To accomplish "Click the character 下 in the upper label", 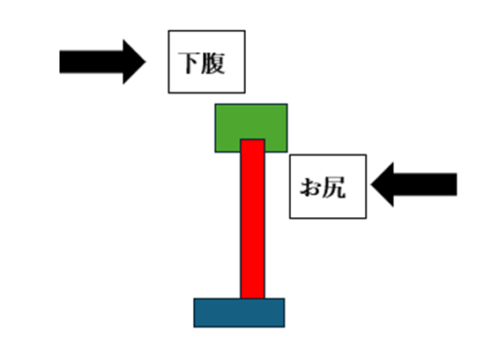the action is (190, 63).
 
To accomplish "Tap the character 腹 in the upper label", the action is (213, 63).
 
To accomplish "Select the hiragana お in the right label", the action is (311, 187).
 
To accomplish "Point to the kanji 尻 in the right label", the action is (334, 187).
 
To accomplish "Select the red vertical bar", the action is (253, 219).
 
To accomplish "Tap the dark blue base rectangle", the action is (239, 313).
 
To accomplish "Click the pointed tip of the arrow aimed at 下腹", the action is (145, 62).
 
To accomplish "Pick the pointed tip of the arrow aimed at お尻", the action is (371, 184).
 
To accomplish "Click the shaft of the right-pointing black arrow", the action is (92, 62).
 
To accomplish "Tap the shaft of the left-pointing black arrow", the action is (425, 184).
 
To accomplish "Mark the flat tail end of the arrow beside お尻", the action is (457, 184).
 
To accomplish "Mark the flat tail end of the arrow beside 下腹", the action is (60, 62).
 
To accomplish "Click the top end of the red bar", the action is (253, 139).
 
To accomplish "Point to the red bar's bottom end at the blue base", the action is (253, 298).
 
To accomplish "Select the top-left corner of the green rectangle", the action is (215, 104).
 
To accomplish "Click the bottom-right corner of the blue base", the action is (285, 327).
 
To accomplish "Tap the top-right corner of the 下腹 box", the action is (245, 31).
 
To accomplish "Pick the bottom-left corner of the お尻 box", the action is (290, 218).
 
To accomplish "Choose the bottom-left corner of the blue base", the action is (194, 327).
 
